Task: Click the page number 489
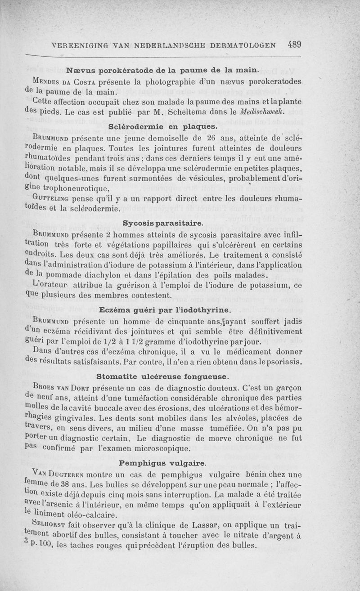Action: tap(295, 45)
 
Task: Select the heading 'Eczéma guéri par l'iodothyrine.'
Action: tap(165, 310)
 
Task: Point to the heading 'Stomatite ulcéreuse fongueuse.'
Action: tap(163, 376)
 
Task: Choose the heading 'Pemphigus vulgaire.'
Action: tap(163, 463)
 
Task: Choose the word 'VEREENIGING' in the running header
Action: tap(81, 45)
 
